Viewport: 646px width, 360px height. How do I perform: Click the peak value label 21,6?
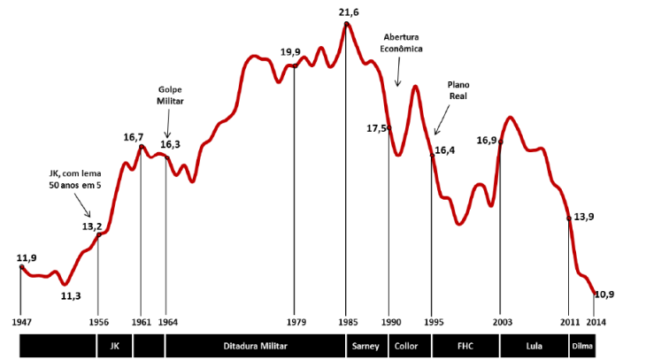(x=349, y=12)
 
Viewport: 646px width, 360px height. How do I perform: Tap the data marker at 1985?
(x=347, y=24)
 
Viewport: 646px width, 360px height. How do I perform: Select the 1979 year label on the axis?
(x=296, y=322)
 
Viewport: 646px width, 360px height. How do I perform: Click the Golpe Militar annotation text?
(x=170, y=96)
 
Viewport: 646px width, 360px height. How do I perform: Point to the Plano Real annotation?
(x=458, y=90)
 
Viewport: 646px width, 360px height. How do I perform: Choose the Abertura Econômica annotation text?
(x=401, y=42)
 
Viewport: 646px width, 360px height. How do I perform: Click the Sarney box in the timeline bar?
(x=366, y=346)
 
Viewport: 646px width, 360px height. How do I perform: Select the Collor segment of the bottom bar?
(x=410, y=346)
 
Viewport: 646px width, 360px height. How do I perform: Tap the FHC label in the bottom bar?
(x=465, y=346)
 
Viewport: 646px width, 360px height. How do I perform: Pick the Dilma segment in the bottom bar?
(x=582, y=346)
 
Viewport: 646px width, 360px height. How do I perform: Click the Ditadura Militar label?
(x=255, y=346)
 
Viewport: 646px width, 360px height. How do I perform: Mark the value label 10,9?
(x=604, y=295)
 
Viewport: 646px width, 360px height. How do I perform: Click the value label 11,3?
(x=71, y=295)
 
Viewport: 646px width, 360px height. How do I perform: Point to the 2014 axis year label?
(x=596, y=322)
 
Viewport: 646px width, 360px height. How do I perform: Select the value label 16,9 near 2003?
(x=487, y=141)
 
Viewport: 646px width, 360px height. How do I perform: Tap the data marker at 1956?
(x=99, y=234)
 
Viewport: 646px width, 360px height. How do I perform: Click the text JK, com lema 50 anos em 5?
(x=75, y=180)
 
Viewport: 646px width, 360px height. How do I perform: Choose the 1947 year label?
(x=21, y=322)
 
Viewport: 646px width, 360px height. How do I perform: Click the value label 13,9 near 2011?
(x=584, y=217)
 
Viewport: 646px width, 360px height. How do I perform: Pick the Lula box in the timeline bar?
(x=534, y=346)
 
